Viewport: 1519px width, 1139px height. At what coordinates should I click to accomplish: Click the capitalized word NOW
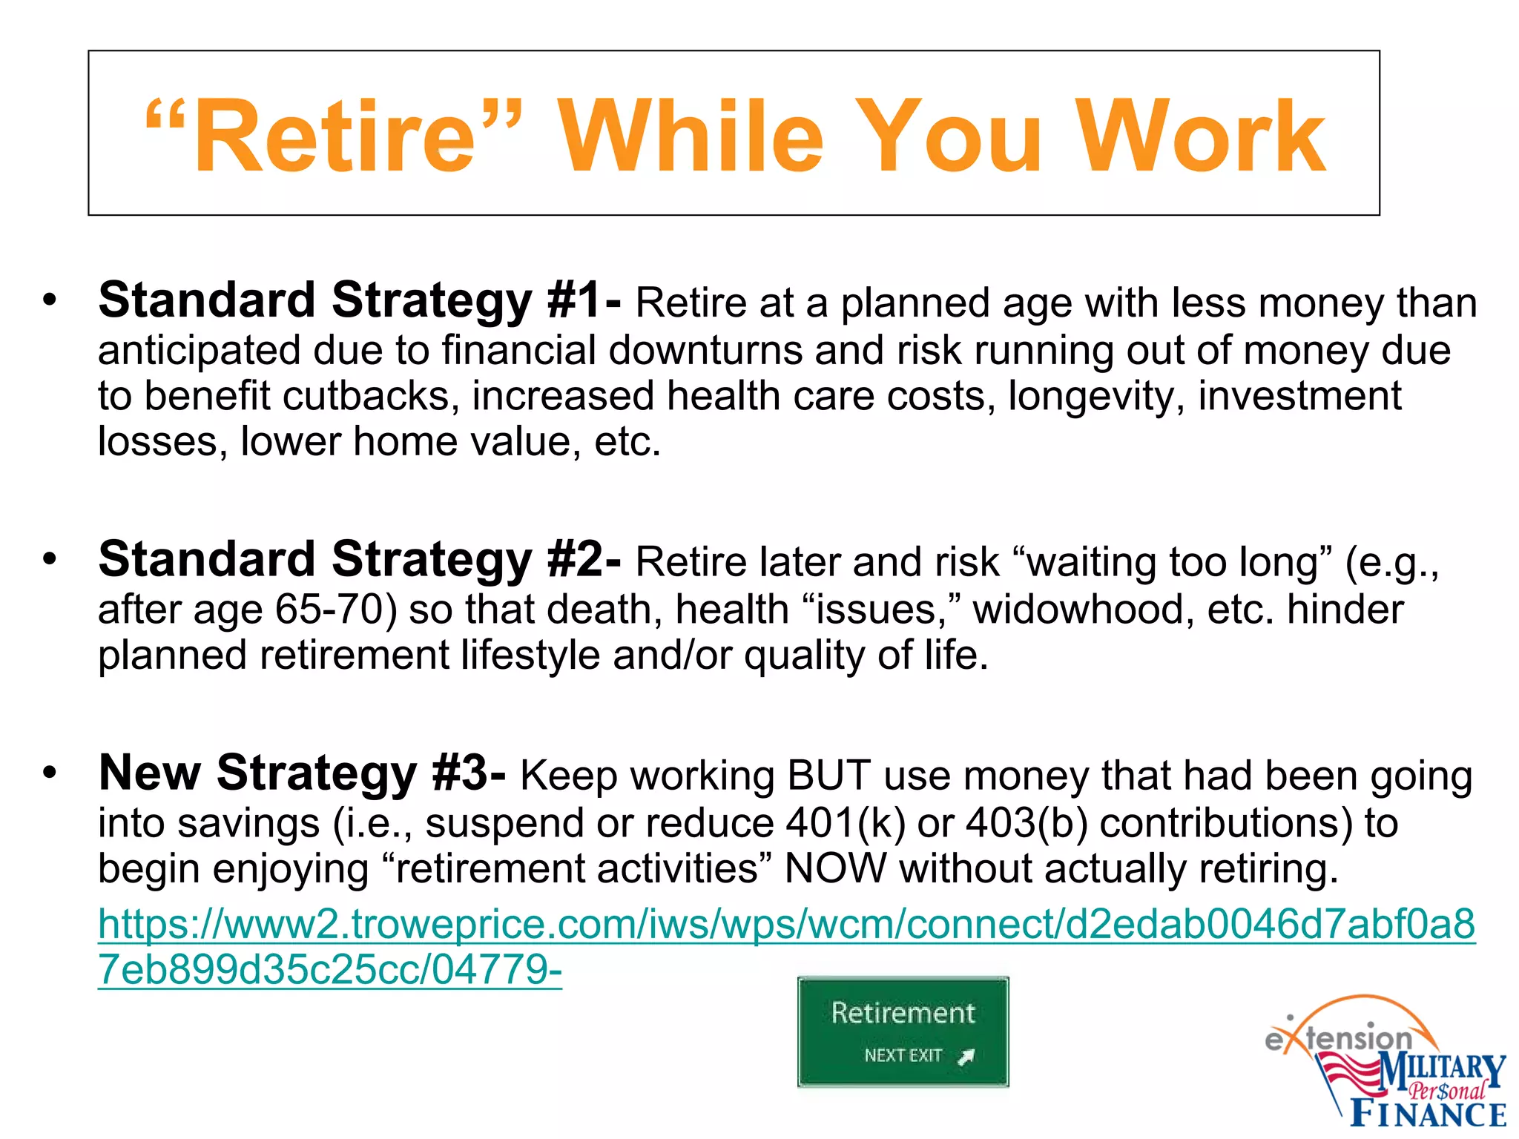click(835, 869)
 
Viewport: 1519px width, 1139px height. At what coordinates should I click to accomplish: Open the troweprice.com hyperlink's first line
click(786, 924)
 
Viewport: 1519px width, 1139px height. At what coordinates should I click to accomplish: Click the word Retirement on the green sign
click(903, 1013)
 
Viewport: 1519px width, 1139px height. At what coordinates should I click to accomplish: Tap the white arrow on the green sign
click(966, 1057)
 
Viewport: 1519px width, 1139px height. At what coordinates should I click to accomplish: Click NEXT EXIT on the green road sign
click(903, 1055)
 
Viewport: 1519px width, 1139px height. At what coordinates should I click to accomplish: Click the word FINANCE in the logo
click(1429, 1114)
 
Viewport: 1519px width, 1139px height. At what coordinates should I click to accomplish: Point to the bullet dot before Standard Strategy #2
click(50, 559)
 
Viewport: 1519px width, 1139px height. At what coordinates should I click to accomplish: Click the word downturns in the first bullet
click(705, 350)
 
